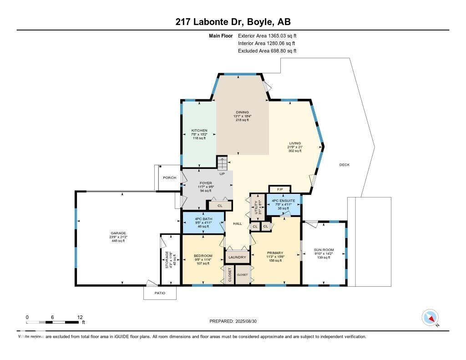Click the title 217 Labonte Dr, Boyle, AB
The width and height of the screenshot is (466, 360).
pos(233,22)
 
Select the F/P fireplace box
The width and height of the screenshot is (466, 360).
pos(279,189)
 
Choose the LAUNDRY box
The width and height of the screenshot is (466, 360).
pos(237,257)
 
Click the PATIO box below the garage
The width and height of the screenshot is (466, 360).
pos(160,293)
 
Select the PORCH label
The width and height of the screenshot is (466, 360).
pos(169,177)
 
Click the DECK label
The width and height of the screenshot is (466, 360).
pos(344,165)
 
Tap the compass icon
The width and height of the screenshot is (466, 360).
pos(430,318)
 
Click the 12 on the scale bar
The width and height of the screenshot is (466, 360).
pos(80,317)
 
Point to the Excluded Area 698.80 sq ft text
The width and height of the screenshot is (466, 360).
pos(267,51)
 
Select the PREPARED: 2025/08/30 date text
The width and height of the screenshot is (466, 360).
pos(236,321)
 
